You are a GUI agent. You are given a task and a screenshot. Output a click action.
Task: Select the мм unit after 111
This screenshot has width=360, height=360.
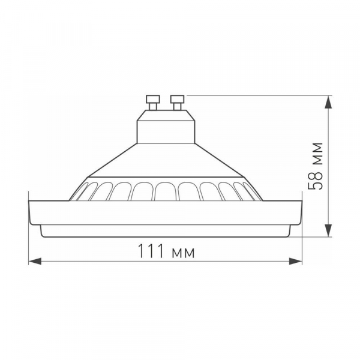[x=183, y=253]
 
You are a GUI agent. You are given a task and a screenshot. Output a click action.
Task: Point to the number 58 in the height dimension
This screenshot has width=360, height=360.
[x=316, y=179]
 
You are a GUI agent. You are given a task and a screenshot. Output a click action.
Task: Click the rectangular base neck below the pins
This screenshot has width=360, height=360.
[x=166, y=128]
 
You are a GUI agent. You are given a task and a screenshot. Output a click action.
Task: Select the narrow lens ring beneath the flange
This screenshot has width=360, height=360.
[x=166, y=230]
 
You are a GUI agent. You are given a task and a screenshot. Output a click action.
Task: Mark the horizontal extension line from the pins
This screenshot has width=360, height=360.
[x=258, y=95]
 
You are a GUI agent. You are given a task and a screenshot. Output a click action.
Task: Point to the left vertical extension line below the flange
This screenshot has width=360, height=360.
[x=29, y=240]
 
